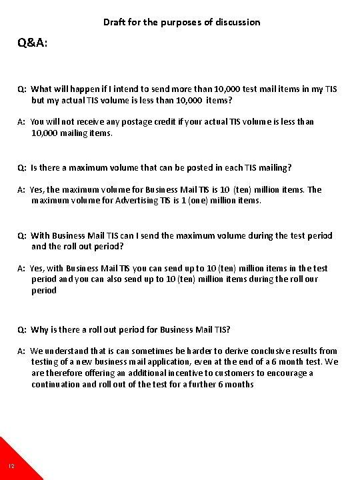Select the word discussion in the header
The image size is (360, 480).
point(237,22)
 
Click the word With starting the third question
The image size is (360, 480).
point(41,235)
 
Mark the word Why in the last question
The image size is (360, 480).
point(41,330)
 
